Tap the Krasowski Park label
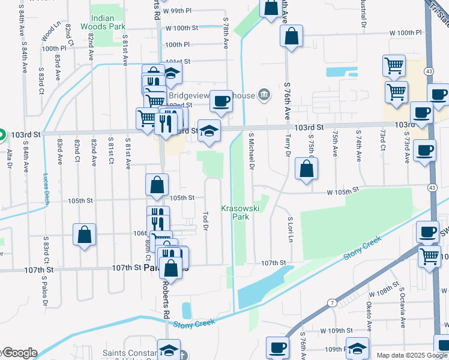[x=240, y=212]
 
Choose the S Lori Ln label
[x=290, y=230]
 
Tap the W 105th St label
[x=342, y=190]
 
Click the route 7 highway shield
[x=332, y=302]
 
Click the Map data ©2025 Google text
[x=412, y=355]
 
